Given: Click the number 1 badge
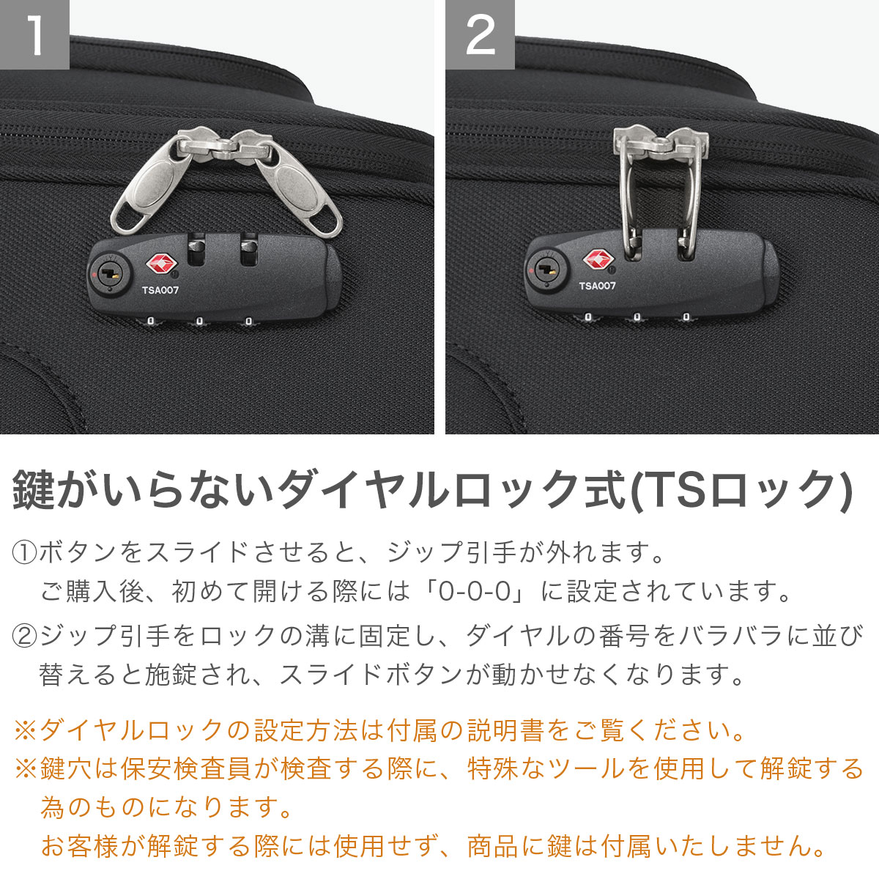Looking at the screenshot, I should point(34,34).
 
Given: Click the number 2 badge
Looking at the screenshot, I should point(480,34).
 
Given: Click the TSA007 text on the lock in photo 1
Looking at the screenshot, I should point(160,290).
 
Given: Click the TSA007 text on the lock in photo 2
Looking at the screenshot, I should point(597,286).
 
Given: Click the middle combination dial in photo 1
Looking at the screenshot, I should point(199,321).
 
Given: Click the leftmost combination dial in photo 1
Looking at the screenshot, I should point(151,321).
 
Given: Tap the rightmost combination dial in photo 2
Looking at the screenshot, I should point(686,317).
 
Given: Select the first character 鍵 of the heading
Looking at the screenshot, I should point(34,489).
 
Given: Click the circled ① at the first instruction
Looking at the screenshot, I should point(25,552).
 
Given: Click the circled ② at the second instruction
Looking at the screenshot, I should point(25,636).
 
